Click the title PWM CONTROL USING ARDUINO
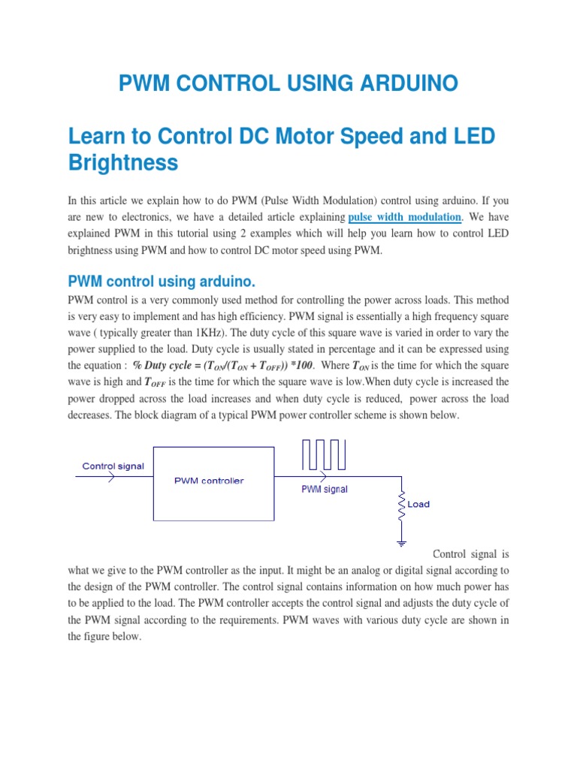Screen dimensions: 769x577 [x=288, y=83]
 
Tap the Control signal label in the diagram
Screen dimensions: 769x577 [x=113, y=466]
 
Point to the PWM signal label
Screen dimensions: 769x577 [x=324, y=489]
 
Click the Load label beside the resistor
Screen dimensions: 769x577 [x=418, y=505]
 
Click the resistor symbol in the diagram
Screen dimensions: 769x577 [x=402, y=505]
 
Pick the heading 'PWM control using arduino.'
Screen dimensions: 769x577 [x=162, y=282]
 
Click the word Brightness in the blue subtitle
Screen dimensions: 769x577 [x=123, y=162]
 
